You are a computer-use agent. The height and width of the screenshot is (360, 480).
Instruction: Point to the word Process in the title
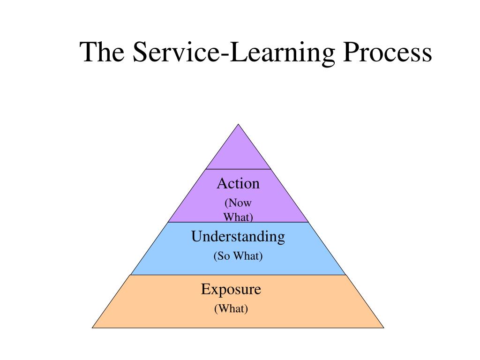click(x=389, y=52)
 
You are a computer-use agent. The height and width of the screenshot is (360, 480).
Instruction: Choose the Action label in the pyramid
click(x=238, y=184)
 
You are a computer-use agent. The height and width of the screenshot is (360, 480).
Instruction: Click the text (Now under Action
click(x=238, y=203)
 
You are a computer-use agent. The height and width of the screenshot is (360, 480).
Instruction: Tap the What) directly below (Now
click(x=238, y=217)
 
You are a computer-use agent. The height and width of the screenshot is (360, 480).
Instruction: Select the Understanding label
click(x=238, y=237)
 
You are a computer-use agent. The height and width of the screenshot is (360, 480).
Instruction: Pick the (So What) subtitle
click(x=238, y=256)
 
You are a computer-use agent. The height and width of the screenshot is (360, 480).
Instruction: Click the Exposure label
click(x=231, y=289)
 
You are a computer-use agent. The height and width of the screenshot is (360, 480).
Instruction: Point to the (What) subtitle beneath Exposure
click(x=231, y=308)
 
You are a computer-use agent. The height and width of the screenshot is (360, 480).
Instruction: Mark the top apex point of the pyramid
click(x=238, y=124)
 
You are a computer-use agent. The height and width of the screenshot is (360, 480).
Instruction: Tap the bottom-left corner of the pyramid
click(x=92, y=327)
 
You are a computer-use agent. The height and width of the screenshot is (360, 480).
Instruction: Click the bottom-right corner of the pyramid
click(x=384, y=327)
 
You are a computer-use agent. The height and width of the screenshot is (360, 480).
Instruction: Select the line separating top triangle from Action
click(x=238, y=169)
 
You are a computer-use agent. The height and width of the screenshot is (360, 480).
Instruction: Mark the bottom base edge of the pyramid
click(x=238, y=327)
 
